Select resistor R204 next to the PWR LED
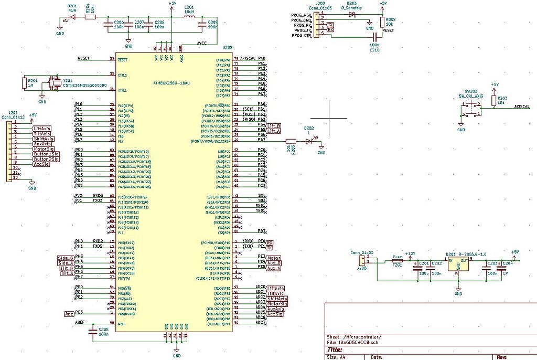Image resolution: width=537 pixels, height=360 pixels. point(90,17)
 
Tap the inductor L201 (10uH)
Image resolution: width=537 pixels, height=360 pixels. point(189,17)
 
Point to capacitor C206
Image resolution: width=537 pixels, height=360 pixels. point(109,24)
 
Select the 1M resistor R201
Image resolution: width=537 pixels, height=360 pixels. point(24,83)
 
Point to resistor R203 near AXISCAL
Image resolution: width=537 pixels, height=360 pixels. point(493,100)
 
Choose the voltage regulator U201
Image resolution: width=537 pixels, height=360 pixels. point(458,263)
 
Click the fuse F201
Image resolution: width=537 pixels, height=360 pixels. point(397,261)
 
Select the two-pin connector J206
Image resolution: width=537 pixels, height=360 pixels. point(362,260)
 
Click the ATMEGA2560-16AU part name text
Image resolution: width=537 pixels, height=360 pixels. point(171,83)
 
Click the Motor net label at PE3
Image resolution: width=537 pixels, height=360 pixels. point(274,258)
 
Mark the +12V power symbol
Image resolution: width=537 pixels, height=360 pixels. point(410,254)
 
